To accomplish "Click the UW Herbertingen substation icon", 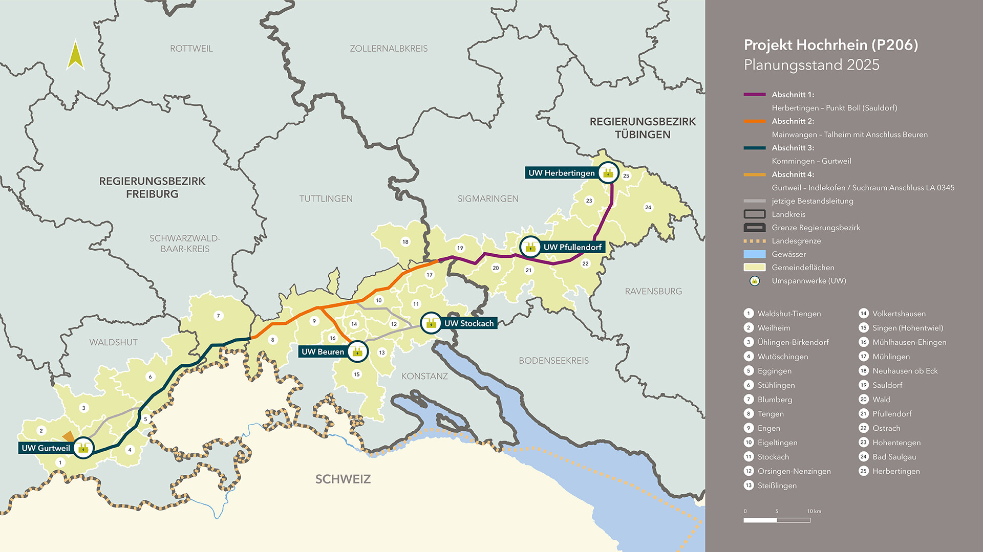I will pyautogui.click(x=608, y=173).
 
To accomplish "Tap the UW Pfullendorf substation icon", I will pyautogui.click(x=530, y=247).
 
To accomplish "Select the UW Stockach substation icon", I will pyautogui.click(x=431, y=323).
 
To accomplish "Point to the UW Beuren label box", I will pyautogui.click(x=323, y=352).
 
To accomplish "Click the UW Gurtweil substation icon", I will pyautogui.click(x=83, y=448).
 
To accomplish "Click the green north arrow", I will pyautogui.click(x=75, y=55).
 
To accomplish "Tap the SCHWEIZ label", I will pyautogui.click(x=343, y=479).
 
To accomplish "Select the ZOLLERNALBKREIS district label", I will pyautogui.click(x=389, y=49).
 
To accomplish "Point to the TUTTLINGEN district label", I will pyautogui.click(x=326, y=198).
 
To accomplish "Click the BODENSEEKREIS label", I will pyautogui.click(x=553, y=361).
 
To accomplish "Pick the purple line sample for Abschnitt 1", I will pyautogui.click(x=754, y=95).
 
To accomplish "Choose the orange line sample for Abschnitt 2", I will pyautogui.click(x=754, y=121).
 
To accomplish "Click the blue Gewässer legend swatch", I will pyautogui.click(x=754, y=254).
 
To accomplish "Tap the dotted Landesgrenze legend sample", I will pyautogui.click(x=754, y=241).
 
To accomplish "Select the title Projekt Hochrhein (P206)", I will pyautogui.click(x=830, y=45).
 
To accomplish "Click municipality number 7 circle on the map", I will pyautogui.click(x=218, y=316).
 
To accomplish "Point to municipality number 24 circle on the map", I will pyautogui.click(x=648, y=207).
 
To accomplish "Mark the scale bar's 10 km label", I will pyautogui.click(x=814, y=511).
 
